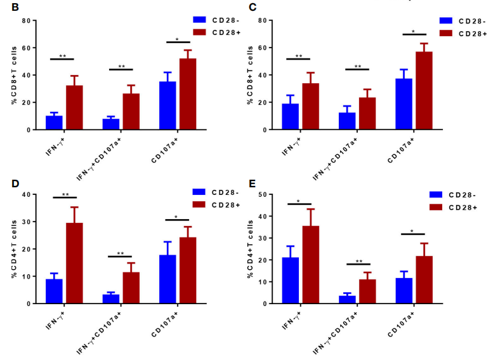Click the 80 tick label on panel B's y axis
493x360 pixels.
(26, 20)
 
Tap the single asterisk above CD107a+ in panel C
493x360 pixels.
(413, 31)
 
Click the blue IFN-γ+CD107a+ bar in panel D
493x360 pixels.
(110, 299)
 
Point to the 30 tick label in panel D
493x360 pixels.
(26, 222)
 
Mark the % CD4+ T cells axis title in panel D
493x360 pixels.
(13, 249)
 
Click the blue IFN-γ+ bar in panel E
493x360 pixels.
(291, 280)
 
